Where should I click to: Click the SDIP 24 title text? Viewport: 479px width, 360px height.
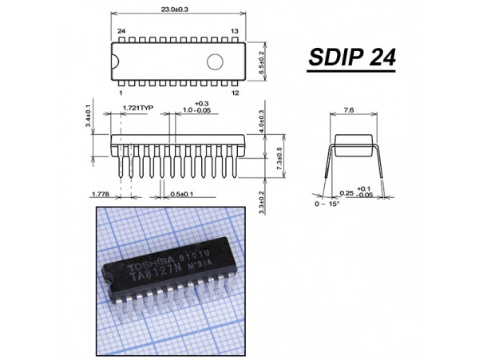pos(352,57)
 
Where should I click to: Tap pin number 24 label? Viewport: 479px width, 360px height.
pos(121,31)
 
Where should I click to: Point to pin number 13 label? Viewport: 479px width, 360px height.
pos(234,31)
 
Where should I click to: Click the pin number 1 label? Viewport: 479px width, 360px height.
pos(121,93)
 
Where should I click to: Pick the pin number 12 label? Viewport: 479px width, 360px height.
pos(235,93)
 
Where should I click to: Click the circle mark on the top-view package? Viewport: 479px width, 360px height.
pos(215,61)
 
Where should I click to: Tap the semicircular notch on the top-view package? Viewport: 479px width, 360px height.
pos(115,61)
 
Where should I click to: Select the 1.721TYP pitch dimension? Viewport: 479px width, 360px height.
pos(138,108)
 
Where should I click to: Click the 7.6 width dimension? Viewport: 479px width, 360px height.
pos(349,110)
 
